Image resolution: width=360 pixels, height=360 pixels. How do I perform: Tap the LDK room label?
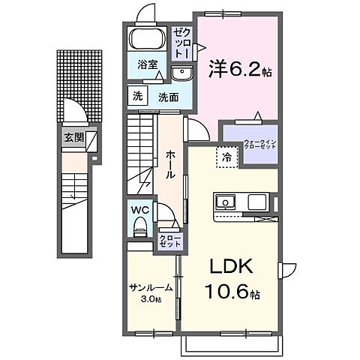(229, 266)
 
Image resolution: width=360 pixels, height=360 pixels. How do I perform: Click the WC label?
(141, 211)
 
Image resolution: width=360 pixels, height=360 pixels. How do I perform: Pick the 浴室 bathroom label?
(147, 64)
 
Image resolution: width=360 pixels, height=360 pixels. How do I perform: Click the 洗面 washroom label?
(166, 97)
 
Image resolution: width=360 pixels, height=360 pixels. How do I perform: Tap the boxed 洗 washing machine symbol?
(137, 96)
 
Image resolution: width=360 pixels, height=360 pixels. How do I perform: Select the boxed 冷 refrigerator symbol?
(225, 157)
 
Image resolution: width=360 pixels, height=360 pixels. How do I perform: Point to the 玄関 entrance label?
(73, 137)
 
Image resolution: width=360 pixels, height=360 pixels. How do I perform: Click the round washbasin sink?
(181, 73)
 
